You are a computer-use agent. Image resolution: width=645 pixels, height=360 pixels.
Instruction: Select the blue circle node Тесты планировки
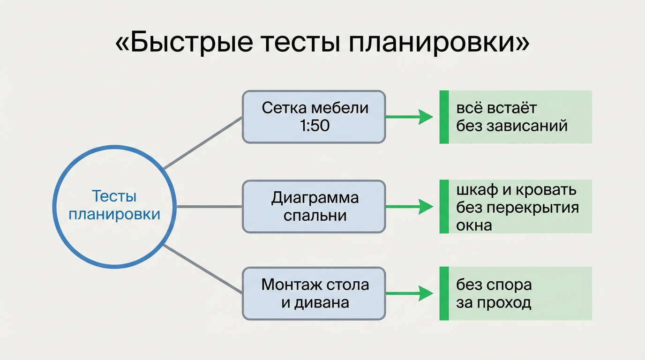point(114,207)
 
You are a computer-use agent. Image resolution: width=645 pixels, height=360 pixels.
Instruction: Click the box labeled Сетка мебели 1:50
point(314,117)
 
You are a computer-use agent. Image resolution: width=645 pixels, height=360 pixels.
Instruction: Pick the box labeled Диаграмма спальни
point(314,207)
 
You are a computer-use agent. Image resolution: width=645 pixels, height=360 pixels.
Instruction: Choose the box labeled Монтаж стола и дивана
point(314,293)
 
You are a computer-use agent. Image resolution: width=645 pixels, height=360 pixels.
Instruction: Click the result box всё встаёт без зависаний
point(516,117)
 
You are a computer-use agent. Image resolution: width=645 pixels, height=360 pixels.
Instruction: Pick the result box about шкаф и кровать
point(516,207)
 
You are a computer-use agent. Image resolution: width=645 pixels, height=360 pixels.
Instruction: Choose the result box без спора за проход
point(516,293)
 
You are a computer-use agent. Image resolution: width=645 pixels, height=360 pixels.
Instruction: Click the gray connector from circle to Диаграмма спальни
point(209,206)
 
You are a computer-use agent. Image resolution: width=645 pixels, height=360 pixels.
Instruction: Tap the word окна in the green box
point(474,225)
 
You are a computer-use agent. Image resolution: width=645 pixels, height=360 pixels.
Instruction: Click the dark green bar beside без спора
point(444,293)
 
